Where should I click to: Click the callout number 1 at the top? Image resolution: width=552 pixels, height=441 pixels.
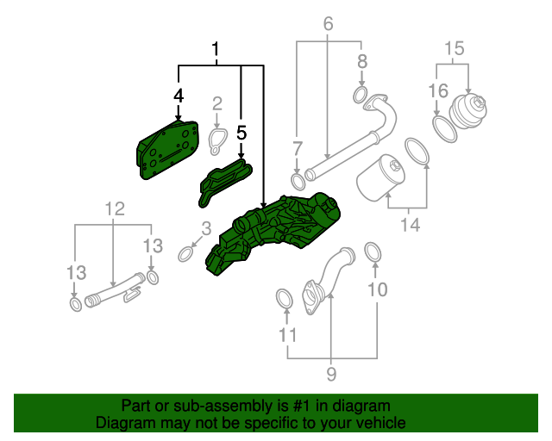point(216,52)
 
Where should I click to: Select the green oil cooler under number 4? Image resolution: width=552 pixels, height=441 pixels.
point(164,150)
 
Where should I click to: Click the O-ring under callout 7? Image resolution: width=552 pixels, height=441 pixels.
point(298,181)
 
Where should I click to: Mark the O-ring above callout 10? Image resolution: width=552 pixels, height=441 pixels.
point(373,252)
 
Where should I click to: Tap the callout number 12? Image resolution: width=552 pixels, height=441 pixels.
point(115,208)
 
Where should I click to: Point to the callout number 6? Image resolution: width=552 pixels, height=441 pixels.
point(328,24)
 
